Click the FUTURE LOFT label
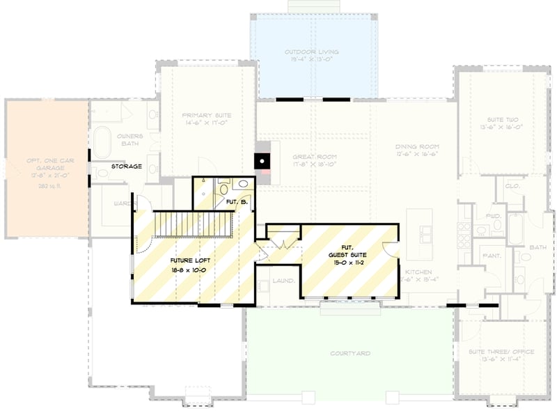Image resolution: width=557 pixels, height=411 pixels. (186, 259)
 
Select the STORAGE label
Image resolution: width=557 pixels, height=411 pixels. (128, 166)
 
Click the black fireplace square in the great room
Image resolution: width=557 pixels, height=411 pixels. (262, 161)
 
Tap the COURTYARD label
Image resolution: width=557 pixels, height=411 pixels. (350, 354)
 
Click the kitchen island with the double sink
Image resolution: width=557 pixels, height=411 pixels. (421, 229)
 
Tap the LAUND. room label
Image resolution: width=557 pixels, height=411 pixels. (283, 281)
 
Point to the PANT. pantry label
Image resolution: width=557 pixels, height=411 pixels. (492, 256)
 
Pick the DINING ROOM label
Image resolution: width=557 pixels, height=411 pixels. (417, 146)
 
